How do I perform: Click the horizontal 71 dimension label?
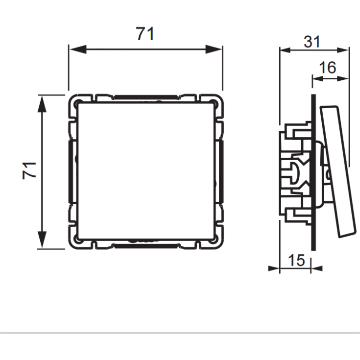pyautogui.click(x=145, y=34)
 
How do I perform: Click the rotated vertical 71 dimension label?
pyautogui.click(x=29, y=170)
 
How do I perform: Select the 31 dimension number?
pyautogui.click(x=312, y=42)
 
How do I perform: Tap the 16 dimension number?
pyautogui.click(x=328, y=68)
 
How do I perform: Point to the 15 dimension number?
pyautogui.click(x=296, y=260)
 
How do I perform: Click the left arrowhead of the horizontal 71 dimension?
pyautogui.click(x=78, y=49)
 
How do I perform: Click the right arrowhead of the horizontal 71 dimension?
pyautogui.click(x=214, y=49)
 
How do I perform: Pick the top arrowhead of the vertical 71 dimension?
pyautogui.click(x=42, y=104)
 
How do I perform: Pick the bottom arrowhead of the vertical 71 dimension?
pyautogui.click(x=42, y=240)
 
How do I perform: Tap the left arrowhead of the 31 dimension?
pyautogui.click(x=286, y=50)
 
